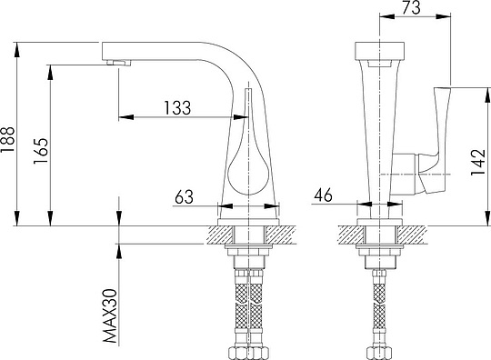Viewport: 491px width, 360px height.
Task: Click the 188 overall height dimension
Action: [7, 140]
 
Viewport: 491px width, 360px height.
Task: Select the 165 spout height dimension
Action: [41, 151]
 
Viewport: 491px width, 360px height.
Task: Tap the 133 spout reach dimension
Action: [177, 107]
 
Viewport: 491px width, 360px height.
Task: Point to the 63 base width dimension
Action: [184, 196]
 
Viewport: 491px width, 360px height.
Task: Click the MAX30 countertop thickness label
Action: [110, 316]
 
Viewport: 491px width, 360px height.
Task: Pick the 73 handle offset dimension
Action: [411, 8]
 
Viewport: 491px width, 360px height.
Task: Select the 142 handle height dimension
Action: [478, 162]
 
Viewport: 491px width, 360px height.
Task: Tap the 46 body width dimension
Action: [324, 195]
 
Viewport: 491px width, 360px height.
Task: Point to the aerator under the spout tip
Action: [119, 63]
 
